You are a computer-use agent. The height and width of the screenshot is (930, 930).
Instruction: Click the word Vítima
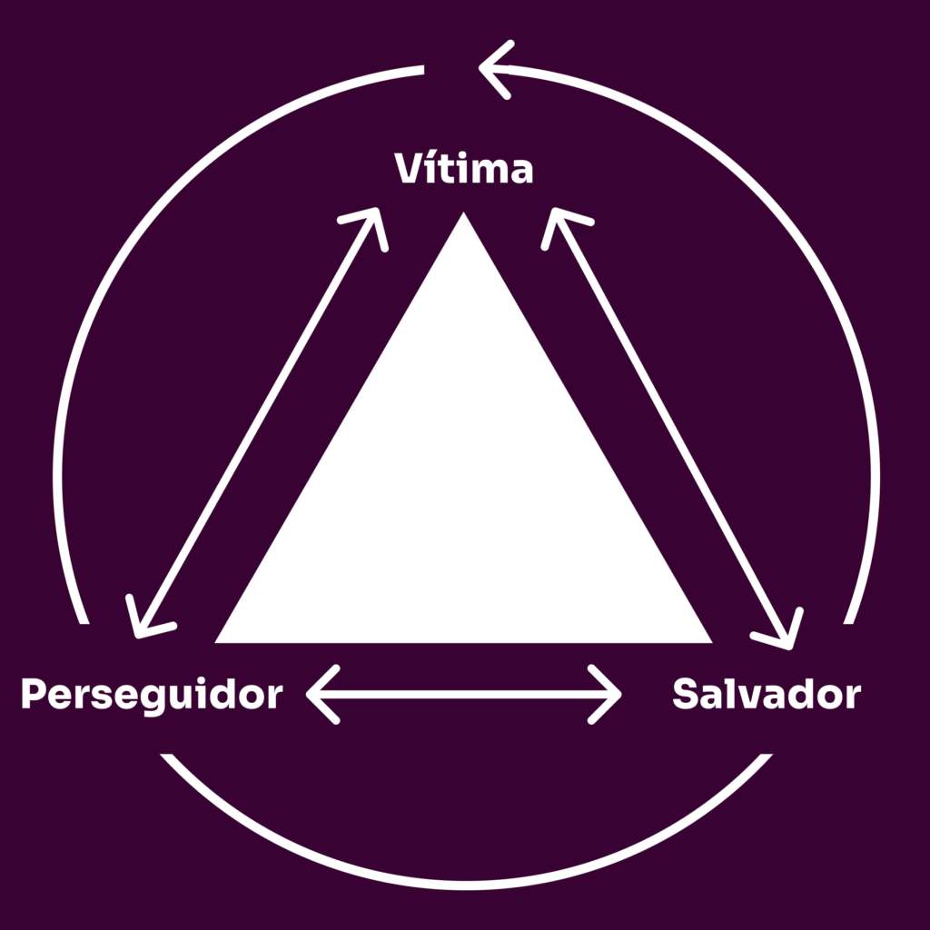point(463,170)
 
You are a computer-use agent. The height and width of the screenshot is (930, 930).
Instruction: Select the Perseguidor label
point(152,696)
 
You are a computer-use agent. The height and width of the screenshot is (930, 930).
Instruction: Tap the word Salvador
point(767,696)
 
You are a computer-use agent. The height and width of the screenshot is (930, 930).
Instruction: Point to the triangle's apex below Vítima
point(464,218)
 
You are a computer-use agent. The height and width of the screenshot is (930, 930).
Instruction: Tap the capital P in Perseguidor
point(34,696)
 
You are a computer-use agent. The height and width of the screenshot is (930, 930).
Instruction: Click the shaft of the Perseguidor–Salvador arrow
point(464,695)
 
